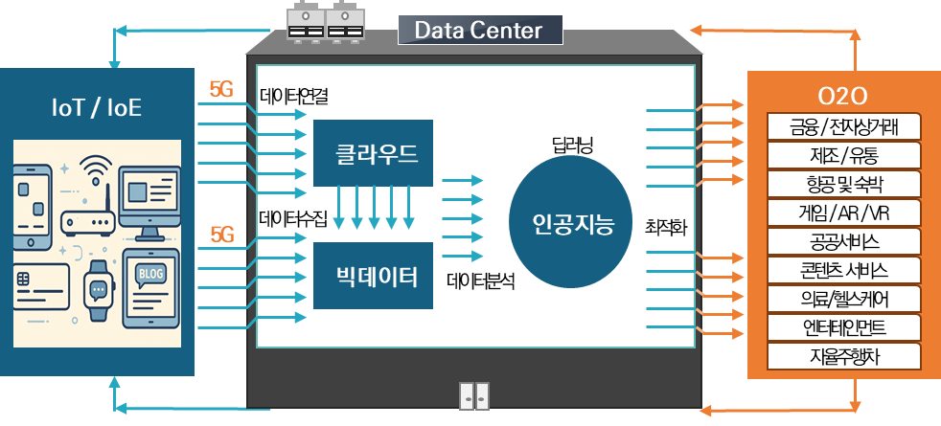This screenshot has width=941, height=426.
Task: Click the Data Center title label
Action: (479, 31)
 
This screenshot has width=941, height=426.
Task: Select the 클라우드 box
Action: (373, 153)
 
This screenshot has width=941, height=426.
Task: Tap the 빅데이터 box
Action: (373, 277)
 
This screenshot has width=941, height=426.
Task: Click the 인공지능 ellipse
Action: (571, 223)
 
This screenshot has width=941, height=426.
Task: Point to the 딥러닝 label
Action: (572, 146)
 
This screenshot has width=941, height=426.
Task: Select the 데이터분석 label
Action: (482, 281)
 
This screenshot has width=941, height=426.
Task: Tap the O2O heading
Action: (842, 96)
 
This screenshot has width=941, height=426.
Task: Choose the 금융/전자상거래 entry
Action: (844, 126)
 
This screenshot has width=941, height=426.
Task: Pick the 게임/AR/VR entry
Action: (844, 213)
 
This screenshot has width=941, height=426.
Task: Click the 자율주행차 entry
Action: (844, 356)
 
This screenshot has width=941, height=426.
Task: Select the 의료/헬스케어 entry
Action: (844, 299)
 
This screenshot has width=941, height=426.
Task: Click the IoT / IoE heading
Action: (96, 108)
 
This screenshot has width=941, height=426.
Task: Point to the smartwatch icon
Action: (98, 290)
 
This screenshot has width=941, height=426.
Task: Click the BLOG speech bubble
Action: (151, 279)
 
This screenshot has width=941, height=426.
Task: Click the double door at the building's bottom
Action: (474, 395)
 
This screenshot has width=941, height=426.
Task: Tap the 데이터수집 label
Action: (292, 219)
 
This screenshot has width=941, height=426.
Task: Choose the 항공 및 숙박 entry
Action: (844, 184)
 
